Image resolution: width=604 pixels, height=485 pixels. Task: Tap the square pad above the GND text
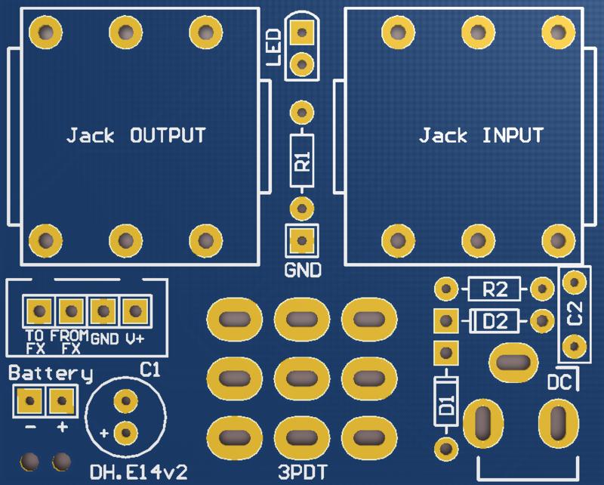302,241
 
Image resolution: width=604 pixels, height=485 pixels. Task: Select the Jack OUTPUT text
136,136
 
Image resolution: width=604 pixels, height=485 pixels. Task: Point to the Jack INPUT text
481,136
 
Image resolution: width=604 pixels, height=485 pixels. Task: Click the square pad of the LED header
302,32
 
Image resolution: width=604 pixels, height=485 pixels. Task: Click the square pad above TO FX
37,310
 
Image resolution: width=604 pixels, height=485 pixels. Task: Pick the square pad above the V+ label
134,310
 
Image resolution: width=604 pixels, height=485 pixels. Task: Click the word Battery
51,373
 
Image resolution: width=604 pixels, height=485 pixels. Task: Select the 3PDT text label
302,473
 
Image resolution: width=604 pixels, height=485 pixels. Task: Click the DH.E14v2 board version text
138,473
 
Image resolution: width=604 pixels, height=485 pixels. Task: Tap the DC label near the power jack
559,383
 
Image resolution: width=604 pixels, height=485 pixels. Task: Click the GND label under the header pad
302,270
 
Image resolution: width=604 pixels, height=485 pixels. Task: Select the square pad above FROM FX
70,310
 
